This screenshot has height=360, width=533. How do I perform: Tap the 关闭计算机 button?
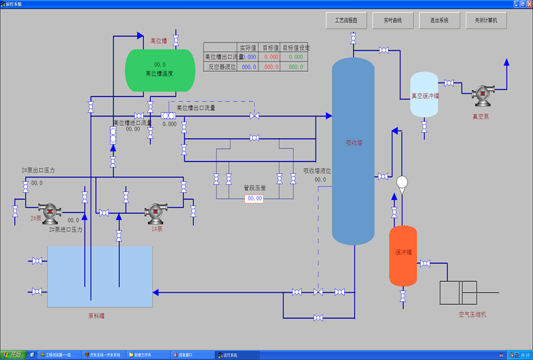(x=486, y=20)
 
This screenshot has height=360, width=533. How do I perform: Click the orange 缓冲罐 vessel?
(x=403, y=255)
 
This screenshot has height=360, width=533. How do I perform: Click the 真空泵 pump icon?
(x=483, y=95)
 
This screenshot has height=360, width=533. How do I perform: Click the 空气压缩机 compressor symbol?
(x=459, y=292)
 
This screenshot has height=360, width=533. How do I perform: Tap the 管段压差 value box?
(x=254, y=198)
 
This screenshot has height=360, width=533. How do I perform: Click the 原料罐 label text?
(x=96, y=315)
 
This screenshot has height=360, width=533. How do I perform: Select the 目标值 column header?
(x=271, y=48)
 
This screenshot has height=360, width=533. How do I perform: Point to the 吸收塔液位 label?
(x=317, y=170)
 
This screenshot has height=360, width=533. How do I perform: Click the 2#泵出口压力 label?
(x=38, y=170)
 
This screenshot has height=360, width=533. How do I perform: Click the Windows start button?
(x=13, y=354)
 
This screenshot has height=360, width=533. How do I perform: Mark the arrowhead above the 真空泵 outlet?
(x=506, y=62)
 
